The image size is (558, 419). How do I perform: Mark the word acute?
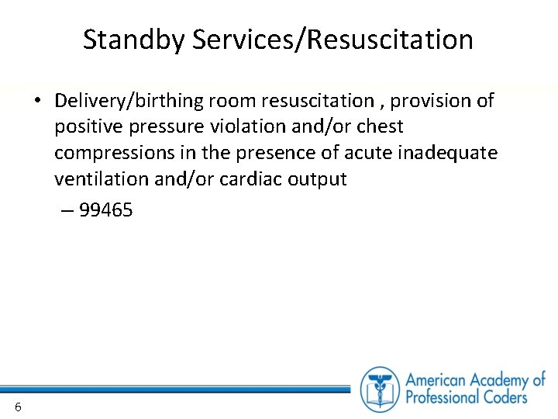[366, 153]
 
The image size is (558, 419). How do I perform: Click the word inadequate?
[447, 153]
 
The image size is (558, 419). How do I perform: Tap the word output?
[318, 179]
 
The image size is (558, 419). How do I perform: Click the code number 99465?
[106, 210]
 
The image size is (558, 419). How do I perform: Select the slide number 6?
[17, 407]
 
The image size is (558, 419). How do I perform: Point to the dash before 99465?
[68, 210]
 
